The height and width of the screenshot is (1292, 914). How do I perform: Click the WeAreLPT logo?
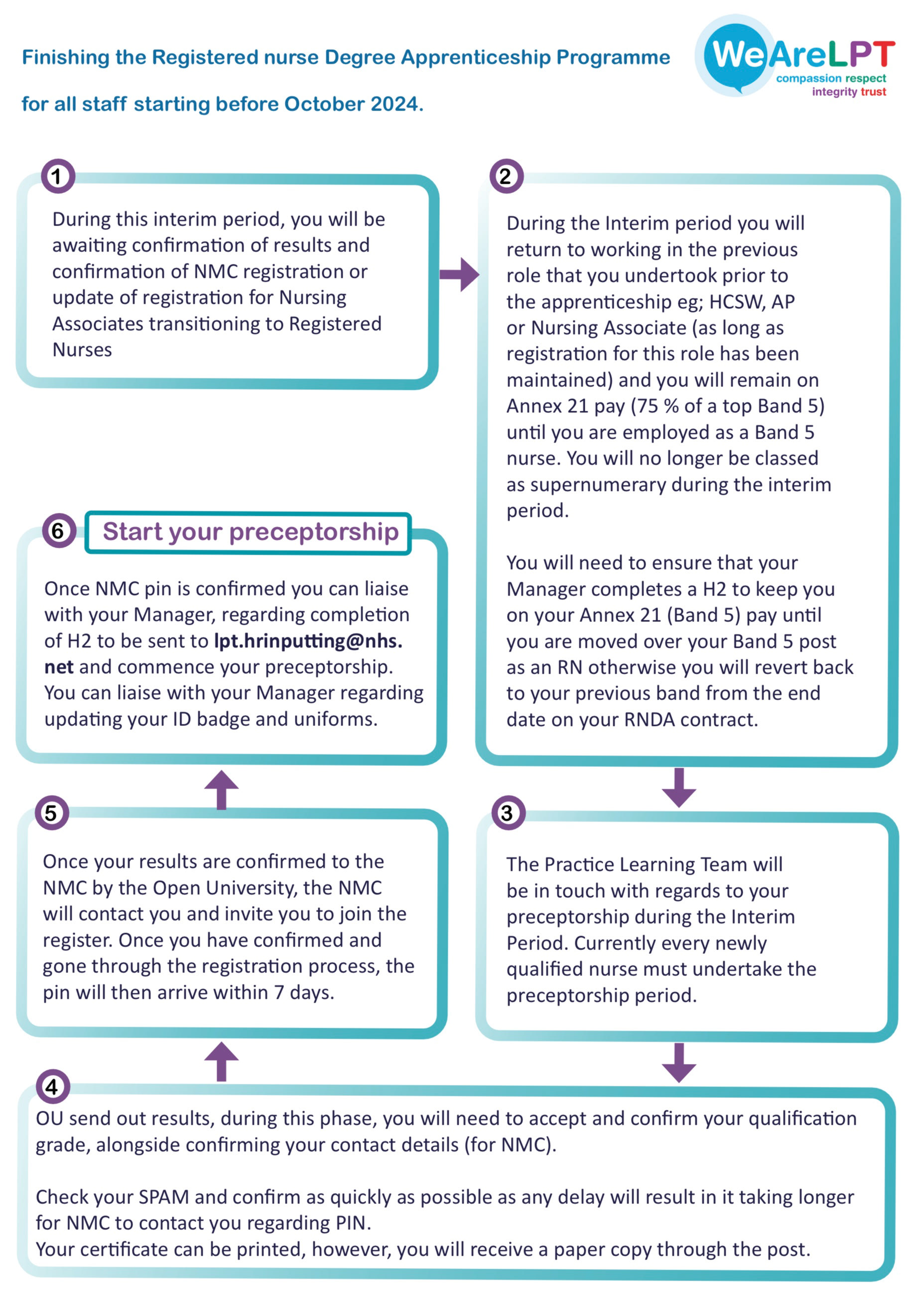[794, 56]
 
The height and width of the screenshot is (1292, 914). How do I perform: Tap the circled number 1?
[57, 176]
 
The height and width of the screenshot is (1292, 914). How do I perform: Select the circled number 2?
[506, 176]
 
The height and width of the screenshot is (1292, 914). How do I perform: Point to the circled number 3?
[508, 813]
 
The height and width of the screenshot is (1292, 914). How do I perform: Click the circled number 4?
[52, 1086]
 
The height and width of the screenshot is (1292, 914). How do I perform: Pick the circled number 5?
[52, 813]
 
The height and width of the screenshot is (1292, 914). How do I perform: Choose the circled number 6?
[59, 530]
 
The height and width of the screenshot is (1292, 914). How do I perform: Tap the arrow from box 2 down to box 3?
[679, 787]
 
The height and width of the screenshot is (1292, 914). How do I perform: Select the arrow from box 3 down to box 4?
[679, 1062]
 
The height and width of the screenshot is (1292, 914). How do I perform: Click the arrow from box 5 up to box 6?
[221, 790]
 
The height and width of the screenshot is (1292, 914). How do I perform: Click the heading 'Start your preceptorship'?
[251, 532]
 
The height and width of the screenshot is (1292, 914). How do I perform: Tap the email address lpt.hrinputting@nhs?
[308, 641]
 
